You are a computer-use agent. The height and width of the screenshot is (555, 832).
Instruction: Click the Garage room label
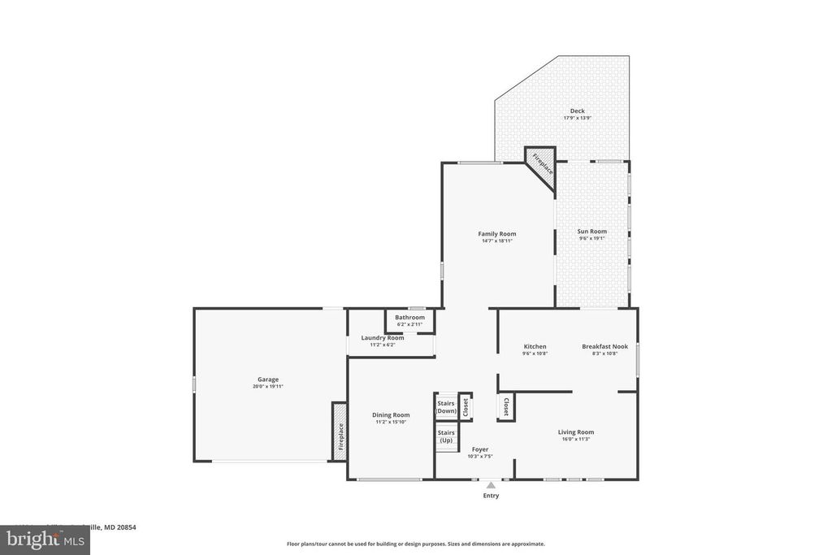[x=268, y=379]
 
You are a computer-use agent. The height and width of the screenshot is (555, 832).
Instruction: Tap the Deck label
[x=577, y=111]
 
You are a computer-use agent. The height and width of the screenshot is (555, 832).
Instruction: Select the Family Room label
[x=497, y=234]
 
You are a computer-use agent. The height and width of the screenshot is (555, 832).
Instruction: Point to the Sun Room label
[x=592, y=232]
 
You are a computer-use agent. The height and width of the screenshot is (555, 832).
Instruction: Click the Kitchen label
[x=535, y=347]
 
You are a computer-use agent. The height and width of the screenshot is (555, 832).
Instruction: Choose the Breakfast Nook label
[x=604, y=347]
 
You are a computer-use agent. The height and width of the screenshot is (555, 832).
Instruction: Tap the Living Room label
[x=575, y=432]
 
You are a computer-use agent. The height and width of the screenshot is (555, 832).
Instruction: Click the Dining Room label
[x=391, y=415]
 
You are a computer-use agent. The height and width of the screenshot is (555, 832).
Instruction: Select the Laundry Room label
[x=382, y=338]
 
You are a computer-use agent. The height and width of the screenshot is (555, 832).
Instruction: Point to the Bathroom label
[x=409, y=318]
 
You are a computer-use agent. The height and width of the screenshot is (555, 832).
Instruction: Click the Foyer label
[x=480, y=449]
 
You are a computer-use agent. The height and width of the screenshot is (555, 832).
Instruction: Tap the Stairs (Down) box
[x=446, y=407]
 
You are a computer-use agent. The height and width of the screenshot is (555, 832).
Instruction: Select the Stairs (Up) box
[x=446, y=436]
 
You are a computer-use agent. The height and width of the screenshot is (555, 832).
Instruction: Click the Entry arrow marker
[x=491, y=485]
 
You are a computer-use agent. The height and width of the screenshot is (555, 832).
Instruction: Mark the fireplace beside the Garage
[x=340, y=431]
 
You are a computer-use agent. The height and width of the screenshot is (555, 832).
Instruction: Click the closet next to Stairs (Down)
[x=466, y=407]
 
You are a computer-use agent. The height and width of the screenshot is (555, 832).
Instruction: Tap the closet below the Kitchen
[x=505, y=406]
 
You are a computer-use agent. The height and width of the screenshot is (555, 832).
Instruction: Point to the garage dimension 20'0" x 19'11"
[x=268, y=387]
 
